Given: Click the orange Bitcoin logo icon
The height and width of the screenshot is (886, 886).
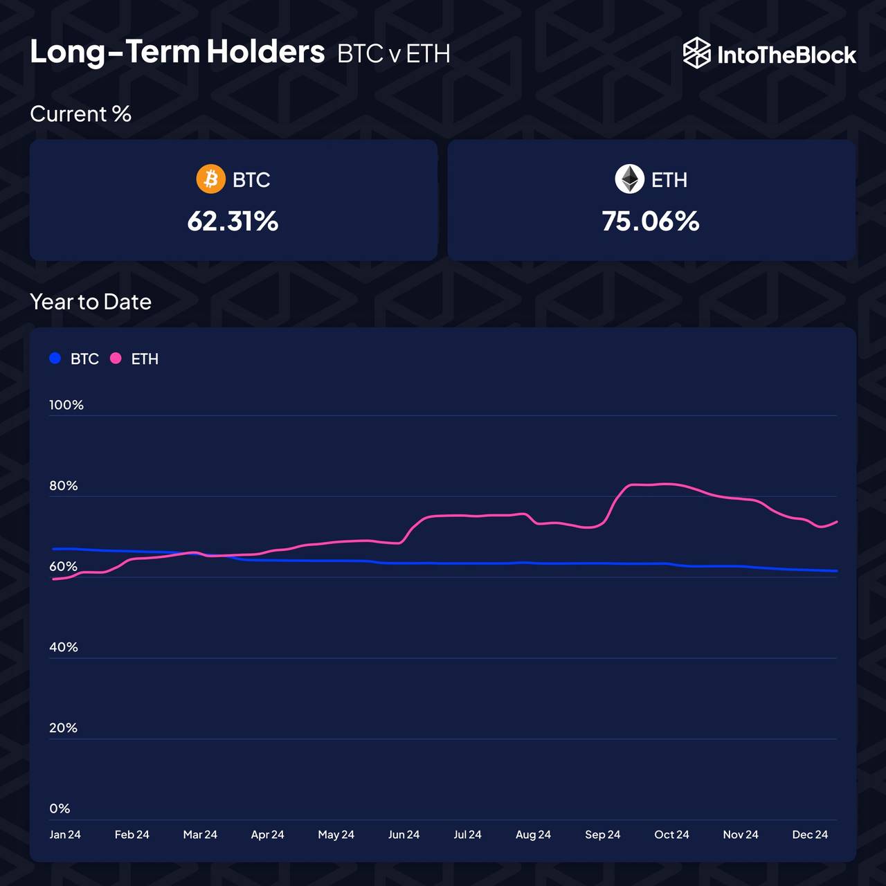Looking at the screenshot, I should click(211, 179).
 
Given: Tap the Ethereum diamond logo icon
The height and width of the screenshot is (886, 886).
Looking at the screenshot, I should click(629, 179).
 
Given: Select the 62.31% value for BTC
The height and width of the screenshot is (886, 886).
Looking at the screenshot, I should click(233, 221).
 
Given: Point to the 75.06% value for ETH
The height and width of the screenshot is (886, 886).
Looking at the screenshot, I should click(651, 221).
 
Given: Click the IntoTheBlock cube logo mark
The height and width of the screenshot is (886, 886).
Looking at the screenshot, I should click(696, 53).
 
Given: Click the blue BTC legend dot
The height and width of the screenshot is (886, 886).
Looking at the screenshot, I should click(55, 359).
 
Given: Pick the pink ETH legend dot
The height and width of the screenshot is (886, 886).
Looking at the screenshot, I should click(116, 359).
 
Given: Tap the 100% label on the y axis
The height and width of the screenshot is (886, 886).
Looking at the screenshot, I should click(66, 405).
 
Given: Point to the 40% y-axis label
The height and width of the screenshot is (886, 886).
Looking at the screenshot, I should click(64, 647).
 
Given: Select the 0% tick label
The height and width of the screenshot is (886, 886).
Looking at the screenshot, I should click(60, 808).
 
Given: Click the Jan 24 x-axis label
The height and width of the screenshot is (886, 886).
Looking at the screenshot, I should click(65, 835).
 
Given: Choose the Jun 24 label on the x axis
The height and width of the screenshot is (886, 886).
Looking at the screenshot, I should click(404, 835).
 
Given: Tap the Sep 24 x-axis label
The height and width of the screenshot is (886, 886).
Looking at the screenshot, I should click(602, 835).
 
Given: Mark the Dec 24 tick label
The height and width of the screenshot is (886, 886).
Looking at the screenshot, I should click(810, 835).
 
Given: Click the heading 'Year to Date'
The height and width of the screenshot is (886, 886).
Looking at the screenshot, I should click(91, 302).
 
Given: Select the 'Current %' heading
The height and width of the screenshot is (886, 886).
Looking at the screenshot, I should click(80, 114).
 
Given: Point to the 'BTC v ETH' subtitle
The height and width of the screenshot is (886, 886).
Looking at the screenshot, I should click(394, 54).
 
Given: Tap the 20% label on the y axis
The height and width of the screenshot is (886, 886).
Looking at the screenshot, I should click(63, 728).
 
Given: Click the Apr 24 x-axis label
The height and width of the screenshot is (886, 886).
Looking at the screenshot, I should click(267, 835).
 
